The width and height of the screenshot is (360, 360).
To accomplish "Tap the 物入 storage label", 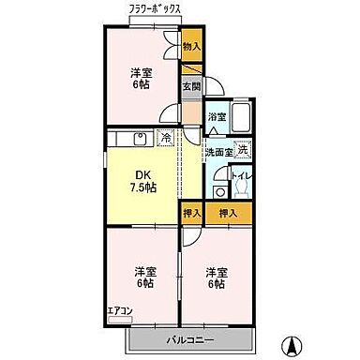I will [x=190, y=46].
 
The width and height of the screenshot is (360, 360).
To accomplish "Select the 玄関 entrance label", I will [x=190, y=86].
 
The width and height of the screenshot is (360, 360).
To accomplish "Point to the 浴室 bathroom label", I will [x=217, y=117].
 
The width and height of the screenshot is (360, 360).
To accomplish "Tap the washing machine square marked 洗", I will [x=242, y=150].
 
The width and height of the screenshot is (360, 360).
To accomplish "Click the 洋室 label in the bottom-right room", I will [x=216, y=273].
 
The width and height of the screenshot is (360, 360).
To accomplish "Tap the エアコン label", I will [x=119, y=311].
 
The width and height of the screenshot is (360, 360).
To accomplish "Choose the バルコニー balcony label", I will [x=192, y=339].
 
